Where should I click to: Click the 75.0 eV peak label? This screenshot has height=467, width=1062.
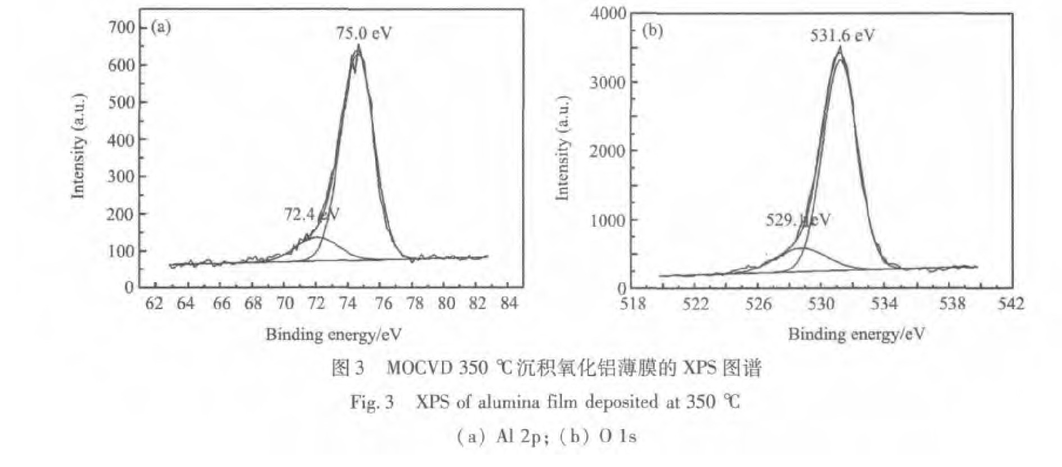[x=364, y=33]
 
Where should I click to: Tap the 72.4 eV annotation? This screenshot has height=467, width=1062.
[x=311, y=214]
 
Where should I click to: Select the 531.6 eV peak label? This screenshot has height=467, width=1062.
[x=842, y=36]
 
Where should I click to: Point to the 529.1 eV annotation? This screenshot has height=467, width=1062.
[x=798, y=220]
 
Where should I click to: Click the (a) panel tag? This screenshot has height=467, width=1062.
[x=161, y=28]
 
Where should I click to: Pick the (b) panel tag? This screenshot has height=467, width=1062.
[x=652, y=31]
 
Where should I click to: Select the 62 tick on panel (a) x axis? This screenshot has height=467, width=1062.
[x=154, y=304]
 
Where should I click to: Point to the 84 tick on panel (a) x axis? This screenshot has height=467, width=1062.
[x=508, y=304]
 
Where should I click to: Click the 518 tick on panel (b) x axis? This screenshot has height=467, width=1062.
[x=632, y=304]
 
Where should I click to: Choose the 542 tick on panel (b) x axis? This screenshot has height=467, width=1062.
[x=1010, y=304]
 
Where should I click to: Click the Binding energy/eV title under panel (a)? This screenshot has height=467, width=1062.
[x=333, y=335]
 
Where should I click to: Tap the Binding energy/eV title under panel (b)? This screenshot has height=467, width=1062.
[x=856, y=334]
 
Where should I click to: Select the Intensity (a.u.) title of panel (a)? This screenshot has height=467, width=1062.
[x=78, y=146]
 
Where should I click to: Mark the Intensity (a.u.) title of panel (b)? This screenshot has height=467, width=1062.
[x=562, y=148]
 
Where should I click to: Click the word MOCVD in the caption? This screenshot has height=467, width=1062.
[x=419, y=369]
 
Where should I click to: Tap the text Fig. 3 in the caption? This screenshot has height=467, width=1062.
[x=372, y=403]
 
